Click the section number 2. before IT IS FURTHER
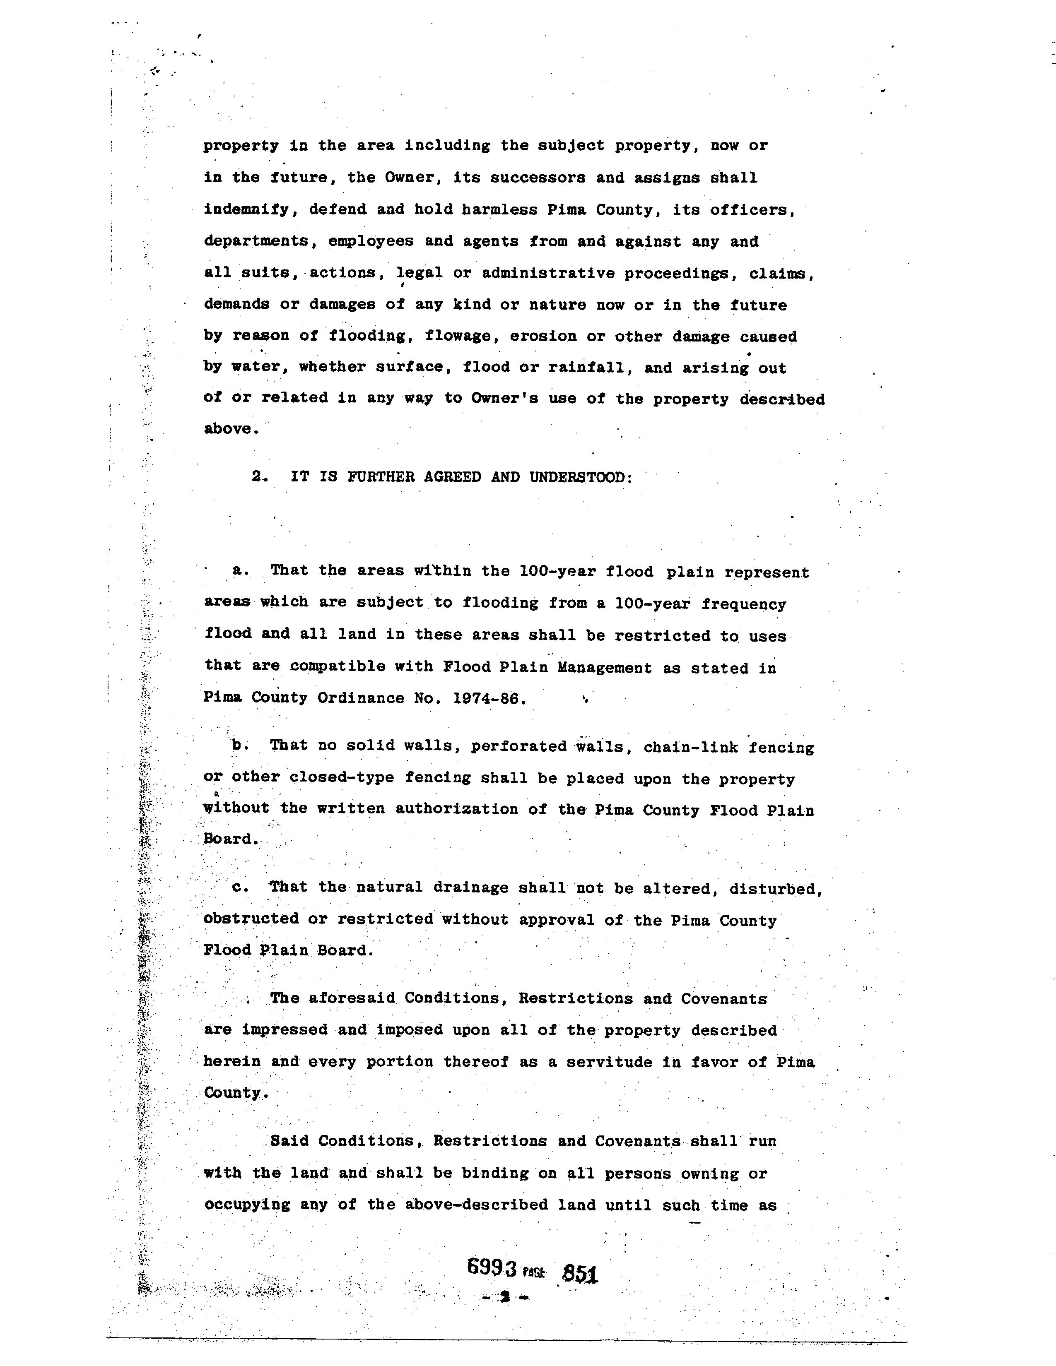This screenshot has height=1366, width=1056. click(260, 476)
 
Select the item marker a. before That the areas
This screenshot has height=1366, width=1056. click(240, 570)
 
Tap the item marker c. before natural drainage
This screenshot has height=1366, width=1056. click(240, 887)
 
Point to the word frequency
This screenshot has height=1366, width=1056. click(743, 604)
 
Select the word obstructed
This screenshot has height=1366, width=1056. click(251, 919)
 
